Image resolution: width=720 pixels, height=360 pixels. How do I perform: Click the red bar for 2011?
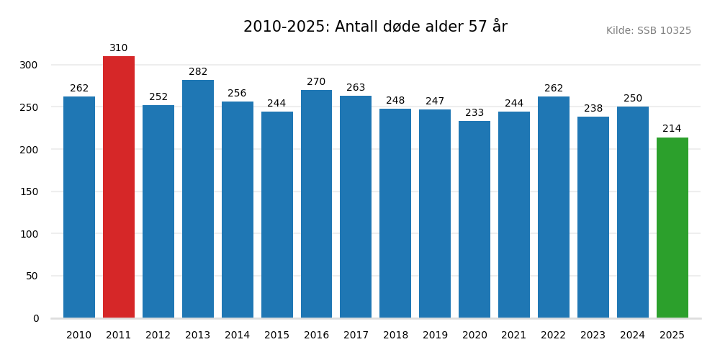[x=119, y=187]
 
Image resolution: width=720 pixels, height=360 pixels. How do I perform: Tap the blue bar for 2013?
[x=198, y=199]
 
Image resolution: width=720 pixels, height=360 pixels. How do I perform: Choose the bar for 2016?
[x=316, y=204]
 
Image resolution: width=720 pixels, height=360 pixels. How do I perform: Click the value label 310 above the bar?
[x=119, y=48]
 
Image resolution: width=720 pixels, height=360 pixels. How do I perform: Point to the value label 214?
[x=672, y=129]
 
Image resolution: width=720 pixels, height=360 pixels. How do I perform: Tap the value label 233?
[x=474, y=113]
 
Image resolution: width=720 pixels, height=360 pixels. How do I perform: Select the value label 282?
[x=198, y=72]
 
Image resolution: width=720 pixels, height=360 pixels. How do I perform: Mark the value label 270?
[x=316, y=82]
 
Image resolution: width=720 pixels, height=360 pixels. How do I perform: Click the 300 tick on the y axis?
[x=29, y=65]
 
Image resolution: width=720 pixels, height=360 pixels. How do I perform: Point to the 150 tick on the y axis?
[x=29, y=192]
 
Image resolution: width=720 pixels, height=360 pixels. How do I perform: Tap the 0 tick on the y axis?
[x=36, y=318]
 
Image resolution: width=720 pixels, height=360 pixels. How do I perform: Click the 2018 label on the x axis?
[x=395, y=336]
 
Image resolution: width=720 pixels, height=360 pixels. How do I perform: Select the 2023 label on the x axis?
[x=593, y=336]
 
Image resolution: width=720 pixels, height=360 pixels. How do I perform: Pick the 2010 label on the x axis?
[x=79, y=336]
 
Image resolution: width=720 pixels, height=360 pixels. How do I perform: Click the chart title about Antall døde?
[x=375, y=27]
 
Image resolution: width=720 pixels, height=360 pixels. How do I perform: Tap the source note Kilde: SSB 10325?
[x=648, y=31]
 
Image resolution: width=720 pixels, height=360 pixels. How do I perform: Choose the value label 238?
[x=593, y=109]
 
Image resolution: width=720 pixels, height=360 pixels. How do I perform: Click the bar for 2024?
[x=633, y=212]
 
